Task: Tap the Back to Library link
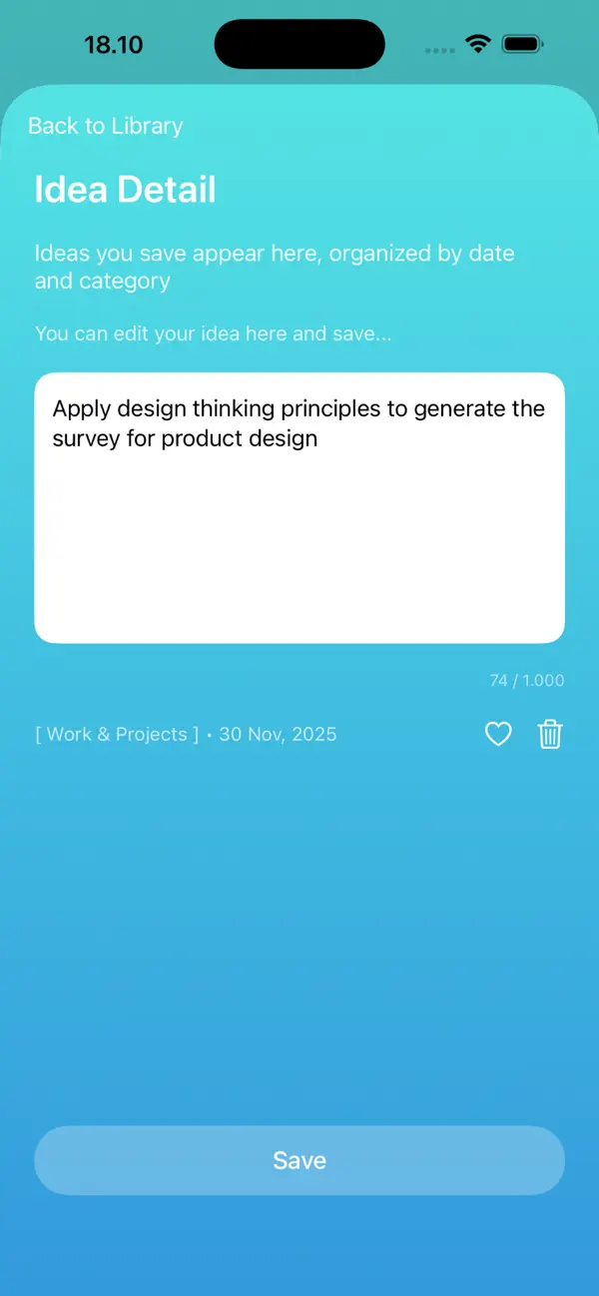pyautogui.click(x=105, y=126)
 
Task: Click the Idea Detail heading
pyautogui.click(x=125, y=190)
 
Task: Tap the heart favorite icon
pyautogui.click(x=498, y=735)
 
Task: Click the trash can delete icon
pyautogui.click(x=550, y=735)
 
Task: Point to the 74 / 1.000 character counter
pyautogui.click(x=526, y=681)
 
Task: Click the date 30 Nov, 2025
pyautogui.click(x=278, y=735)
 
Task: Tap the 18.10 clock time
pyautogui.click(x=113, y=45)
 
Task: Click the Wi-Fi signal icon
pyautogui.click(x=478, y=44)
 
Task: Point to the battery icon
pyautogui.click(x=522, y=44)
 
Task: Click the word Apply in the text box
pyautogui.click(x=82, y=409)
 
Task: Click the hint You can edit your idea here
pyautogui.click(x=213, y=333)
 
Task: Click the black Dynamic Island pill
pyautogui.click(x=299, y=44)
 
